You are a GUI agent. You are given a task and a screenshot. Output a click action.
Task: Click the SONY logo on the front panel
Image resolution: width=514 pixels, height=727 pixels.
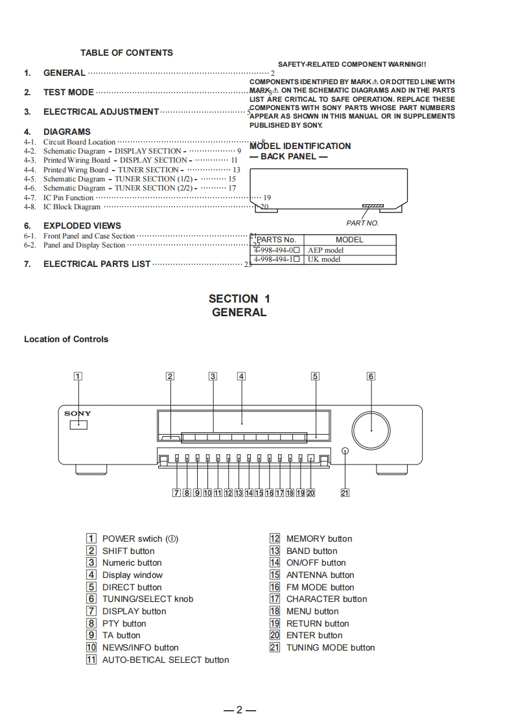click(x=78, y=413)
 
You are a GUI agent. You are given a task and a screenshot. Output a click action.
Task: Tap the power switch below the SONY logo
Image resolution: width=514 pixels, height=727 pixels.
click(x=78, y=425)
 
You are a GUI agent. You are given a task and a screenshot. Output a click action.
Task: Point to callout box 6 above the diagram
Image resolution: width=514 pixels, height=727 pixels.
click(x=371, y=376)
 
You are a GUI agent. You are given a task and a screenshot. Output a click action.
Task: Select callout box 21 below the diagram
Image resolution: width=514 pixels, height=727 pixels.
click(x=345, y=493)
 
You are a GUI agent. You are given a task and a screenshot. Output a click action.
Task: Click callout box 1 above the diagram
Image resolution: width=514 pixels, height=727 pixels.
click(x=78, y=376)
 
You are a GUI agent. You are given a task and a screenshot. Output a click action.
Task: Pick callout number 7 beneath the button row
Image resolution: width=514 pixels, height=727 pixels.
click(x=176, y=493)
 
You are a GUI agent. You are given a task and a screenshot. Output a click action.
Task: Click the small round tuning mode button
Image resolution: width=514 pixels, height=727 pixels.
click(x=345, y=451)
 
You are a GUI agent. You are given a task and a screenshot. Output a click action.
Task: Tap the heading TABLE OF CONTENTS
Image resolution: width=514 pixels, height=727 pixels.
click(x=126, y=52)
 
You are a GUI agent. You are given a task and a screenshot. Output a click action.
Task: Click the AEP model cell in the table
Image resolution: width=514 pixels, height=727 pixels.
click(x=326, y=250)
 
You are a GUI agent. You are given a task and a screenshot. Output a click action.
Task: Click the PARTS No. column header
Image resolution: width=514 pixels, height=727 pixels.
click(x=277, y=240)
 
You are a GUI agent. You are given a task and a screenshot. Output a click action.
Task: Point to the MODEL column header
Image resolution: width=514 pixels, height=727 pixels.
click(x=349, y=240)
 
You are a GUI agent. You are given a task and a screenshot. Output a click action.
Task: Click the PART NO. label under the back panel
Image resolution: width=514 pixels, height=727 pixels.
click(x=362, y=223)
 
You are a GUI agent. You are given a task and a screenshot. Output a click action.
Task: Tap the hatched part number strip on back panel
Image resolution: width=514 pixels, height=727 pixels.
click(x=373, y=206)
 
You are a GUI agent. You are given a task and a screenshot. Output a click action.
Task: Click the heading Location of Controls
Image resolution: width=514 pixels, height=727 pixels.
click(x=66, y=339)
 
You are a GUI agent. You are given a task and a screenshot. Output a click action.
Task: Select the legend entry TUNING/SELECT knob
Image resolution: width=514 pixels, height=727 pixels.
click(x=148, y=599)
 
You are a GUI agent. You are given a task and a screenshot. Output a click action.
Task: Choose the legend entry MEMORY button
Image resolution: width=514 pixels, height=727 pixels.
click(x=319, y=538)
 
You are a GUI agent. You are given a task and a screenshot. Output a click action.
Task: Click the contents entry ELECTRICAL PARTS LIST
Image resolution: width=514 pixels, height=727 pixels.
click(x=97, y=264)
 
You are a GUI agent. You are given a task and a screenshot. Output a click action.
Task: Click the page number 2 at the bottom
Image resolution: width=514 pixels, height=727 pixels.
click(x=239, y=710)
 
